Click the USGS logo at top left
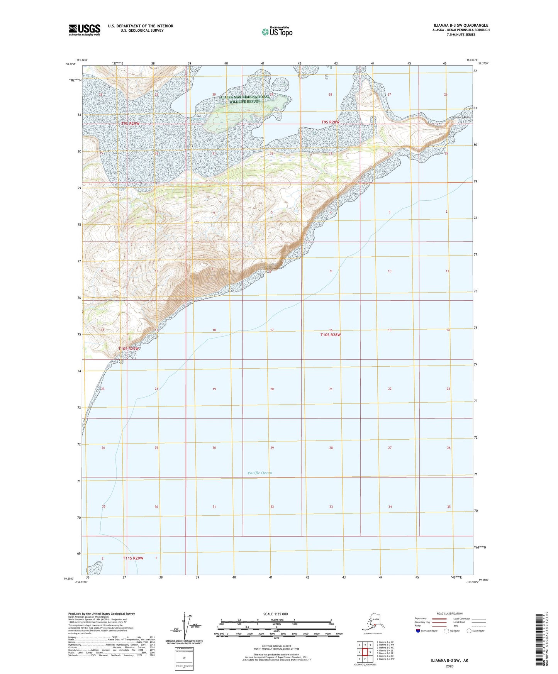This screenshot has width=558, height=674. coord(85,30)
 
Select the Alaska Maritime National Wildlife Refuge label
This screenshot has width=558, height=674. coord(245,99)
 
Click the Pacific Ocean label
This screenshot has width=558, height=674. coord(260,472)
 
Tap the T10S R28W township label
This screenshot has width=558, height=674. coord(331,335)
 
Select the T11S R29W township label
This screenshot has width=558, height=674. coord(133,558)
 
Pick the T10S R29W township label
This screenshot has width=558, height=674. coord(128,349)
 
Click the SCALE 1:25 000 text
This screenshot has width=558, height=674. coord(275,614)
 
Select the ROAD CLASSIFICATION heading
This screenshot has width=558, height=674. coord(449,613)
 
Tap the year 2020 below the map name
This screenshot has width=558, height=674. coord(449,666)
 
